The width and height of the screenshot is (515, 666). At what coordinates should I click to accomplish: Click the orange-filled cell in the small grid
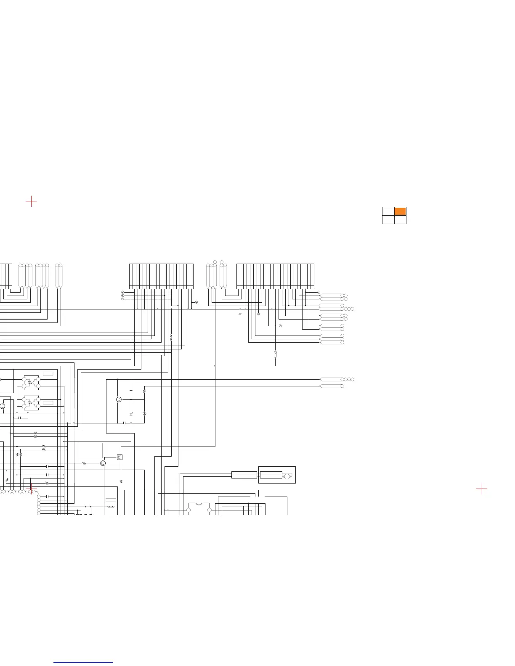point(400,211)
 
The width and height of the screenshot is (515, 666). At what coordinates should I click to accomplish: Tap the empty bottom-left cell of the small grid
point(388,219)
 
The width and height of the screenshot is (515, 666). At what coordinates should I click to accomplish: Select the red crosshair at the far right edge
point(482,489)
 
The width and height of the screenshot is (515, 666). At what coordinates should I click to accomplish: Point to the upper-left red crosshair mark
point(31,201)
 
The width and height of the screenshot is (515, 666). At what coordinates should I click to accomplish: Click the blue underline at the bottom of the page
point(83,662)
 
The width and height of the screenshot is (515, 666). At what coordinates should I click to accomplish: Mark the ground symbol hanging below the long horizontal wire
point(240,313)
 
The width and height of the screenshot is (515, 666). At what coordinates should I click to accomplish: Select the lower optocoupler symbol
point(31,403)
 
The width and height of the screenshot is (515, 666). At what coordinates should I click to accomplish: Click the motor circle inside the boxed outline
point(287,476)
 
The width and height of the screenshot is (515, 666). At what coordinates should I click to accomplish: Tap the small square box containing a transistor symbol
point(119,457)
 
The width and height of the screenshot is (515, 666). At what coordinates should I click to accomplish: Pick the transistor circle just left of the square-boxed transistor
point(103,463)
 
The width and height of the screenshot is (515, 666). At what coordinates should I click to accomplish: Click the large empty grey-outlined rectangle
point(90,450)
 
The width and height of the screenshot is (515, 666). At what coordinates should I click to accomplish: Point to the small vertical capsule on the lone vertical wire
point(275,354)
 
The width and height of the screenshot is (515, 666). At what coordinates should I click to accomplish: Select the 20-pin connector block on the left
point(161,276)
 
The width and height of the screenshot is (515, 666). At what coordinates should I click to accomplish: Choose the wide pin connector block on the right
point(275,276)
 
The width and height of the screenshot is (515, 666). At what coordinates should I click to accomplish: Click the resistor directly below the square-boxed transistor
point(121,481)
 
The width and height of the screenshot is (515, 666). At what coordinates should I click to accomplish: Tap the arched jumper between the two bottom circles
point(199,504)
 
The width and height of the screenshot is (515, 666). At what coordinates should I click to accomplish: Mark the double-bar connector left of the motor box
point(244,475)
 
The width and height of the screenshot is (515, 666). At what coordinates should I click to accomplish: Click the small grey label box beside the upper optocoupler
point(48,373)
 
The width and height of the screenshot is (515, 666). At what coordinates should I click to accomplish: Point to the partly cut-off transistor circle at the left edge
point(2,406)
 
